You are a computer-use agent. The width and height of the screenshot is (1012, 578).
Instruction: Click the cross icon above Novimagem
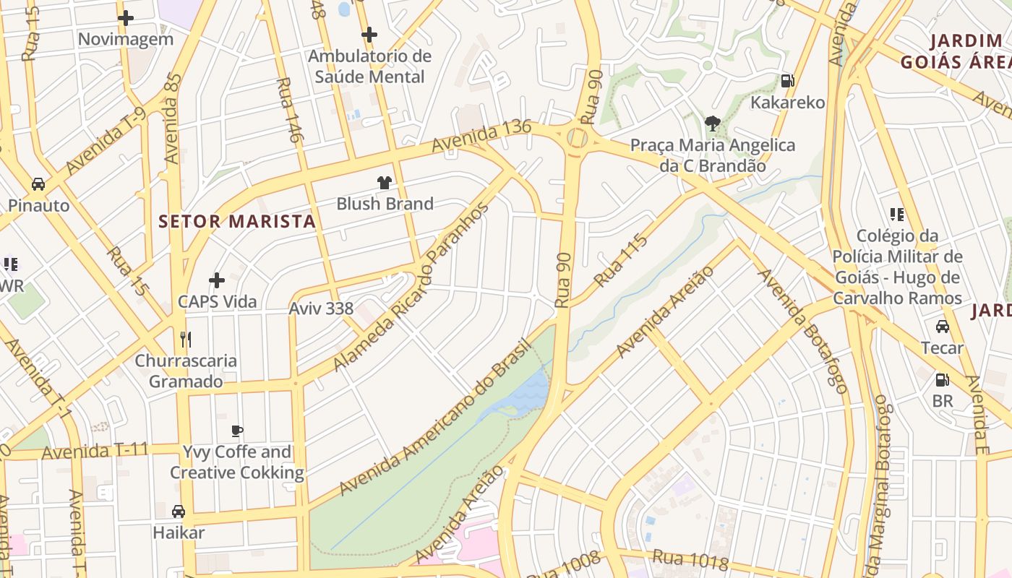point(126,18)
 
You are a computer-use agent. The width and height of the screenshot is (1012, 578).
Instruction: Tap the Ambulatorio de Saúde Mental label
point(369,66)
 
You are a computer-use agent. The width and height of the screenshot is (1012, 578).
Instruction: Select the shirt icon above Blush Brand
point(384,183)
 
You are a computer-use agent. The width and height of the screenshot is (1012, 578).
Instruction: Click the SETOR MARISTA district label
point(237,222)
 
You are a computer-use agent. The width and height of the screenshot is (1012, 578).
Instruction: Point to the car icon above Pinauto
point(38,184)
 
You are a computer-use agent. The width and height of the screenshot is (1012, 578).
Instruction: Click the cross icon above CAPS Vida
point(217,280)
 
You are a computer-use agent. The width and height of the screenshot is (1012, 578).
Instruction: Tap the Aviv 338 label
point(321,309)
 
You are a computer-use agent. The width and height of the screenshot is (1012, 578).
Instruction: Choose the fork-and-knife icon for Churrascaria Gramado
point(186,339)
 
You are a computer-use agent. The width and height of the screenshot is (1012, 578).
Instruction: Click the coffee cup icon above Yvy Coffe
point(236,431)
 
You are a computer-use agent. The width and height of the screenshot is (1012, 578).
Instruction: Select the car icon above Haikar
point(179,512)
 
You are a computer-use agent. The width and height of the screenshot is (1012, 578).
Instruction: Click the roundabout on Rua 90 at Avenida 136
point(577,137)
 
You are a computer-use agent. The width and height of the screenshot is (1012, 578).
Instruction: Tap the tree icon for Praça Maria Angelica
point(712,124)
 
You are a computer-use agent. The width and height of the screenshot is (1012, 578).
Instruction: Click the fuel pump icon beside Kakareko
point(787,81)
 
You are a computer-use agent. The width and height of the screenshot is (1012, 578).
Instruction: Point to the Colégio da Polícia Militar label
point(897,267)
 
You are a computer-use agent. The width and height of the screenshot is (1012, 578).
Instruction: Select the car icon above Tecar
point(943,327)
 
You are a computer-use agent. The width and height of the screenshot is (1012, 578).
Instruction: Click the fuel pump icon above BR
point(942,379)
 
